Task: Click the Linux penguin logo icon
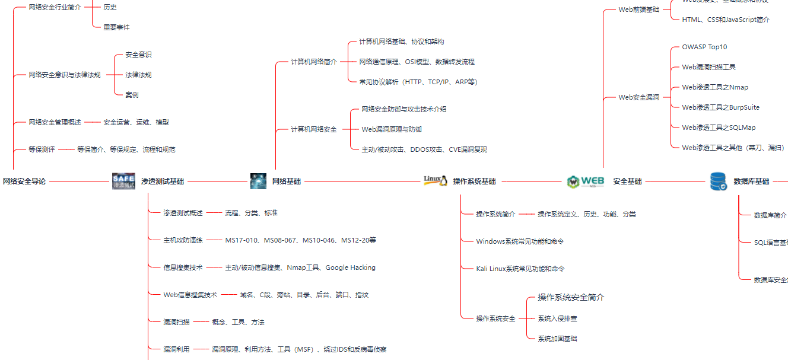click(x=436, y=181)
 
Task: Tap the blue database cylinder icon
click(x=718, y=181)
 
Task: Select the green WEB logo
click(x=585, y=181)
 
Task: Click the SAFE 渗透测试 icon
click(x=123, y=181)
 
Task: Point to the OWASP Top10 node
click(x=704, y=47)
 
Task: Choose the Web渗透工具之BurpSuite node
click(x=720, y=107)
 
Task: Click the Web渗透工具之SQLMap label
click(x=719, y=128)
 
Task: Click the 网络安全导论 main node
click(x=24, y=181)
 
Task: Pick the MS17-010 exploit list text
click(x=300, y=240)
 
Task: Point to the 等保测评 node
click(x=42, y=149)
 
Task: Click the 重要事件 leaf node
click(x=116, y=27)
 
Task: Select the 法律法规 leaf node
click(x=138, y=75)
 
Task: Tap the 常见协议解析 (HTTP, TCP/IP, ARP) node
click(x=418, y=82)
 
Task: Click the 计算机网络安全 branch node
click(x=313, y=129)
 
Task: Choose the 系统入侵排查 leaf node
click(x=557, y=318)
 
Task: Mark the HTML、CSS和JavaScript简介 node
click(x=726, y=20)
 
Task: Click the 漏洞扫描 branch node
click(x=176, y=322)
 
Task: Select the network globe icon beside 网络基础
click(x=258, y=181)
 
